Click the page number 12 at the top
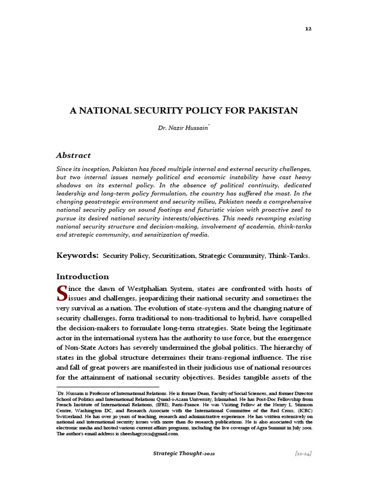click(x=309, y=29)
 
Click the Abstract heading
click(x=73, y=155)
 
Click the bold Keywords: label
click(x=78, y=256)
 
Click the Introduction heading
click(x=82, y=277)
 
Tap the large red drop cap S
click(x=61, y=293)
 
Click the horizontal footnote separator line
click(x=108, y=387)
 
